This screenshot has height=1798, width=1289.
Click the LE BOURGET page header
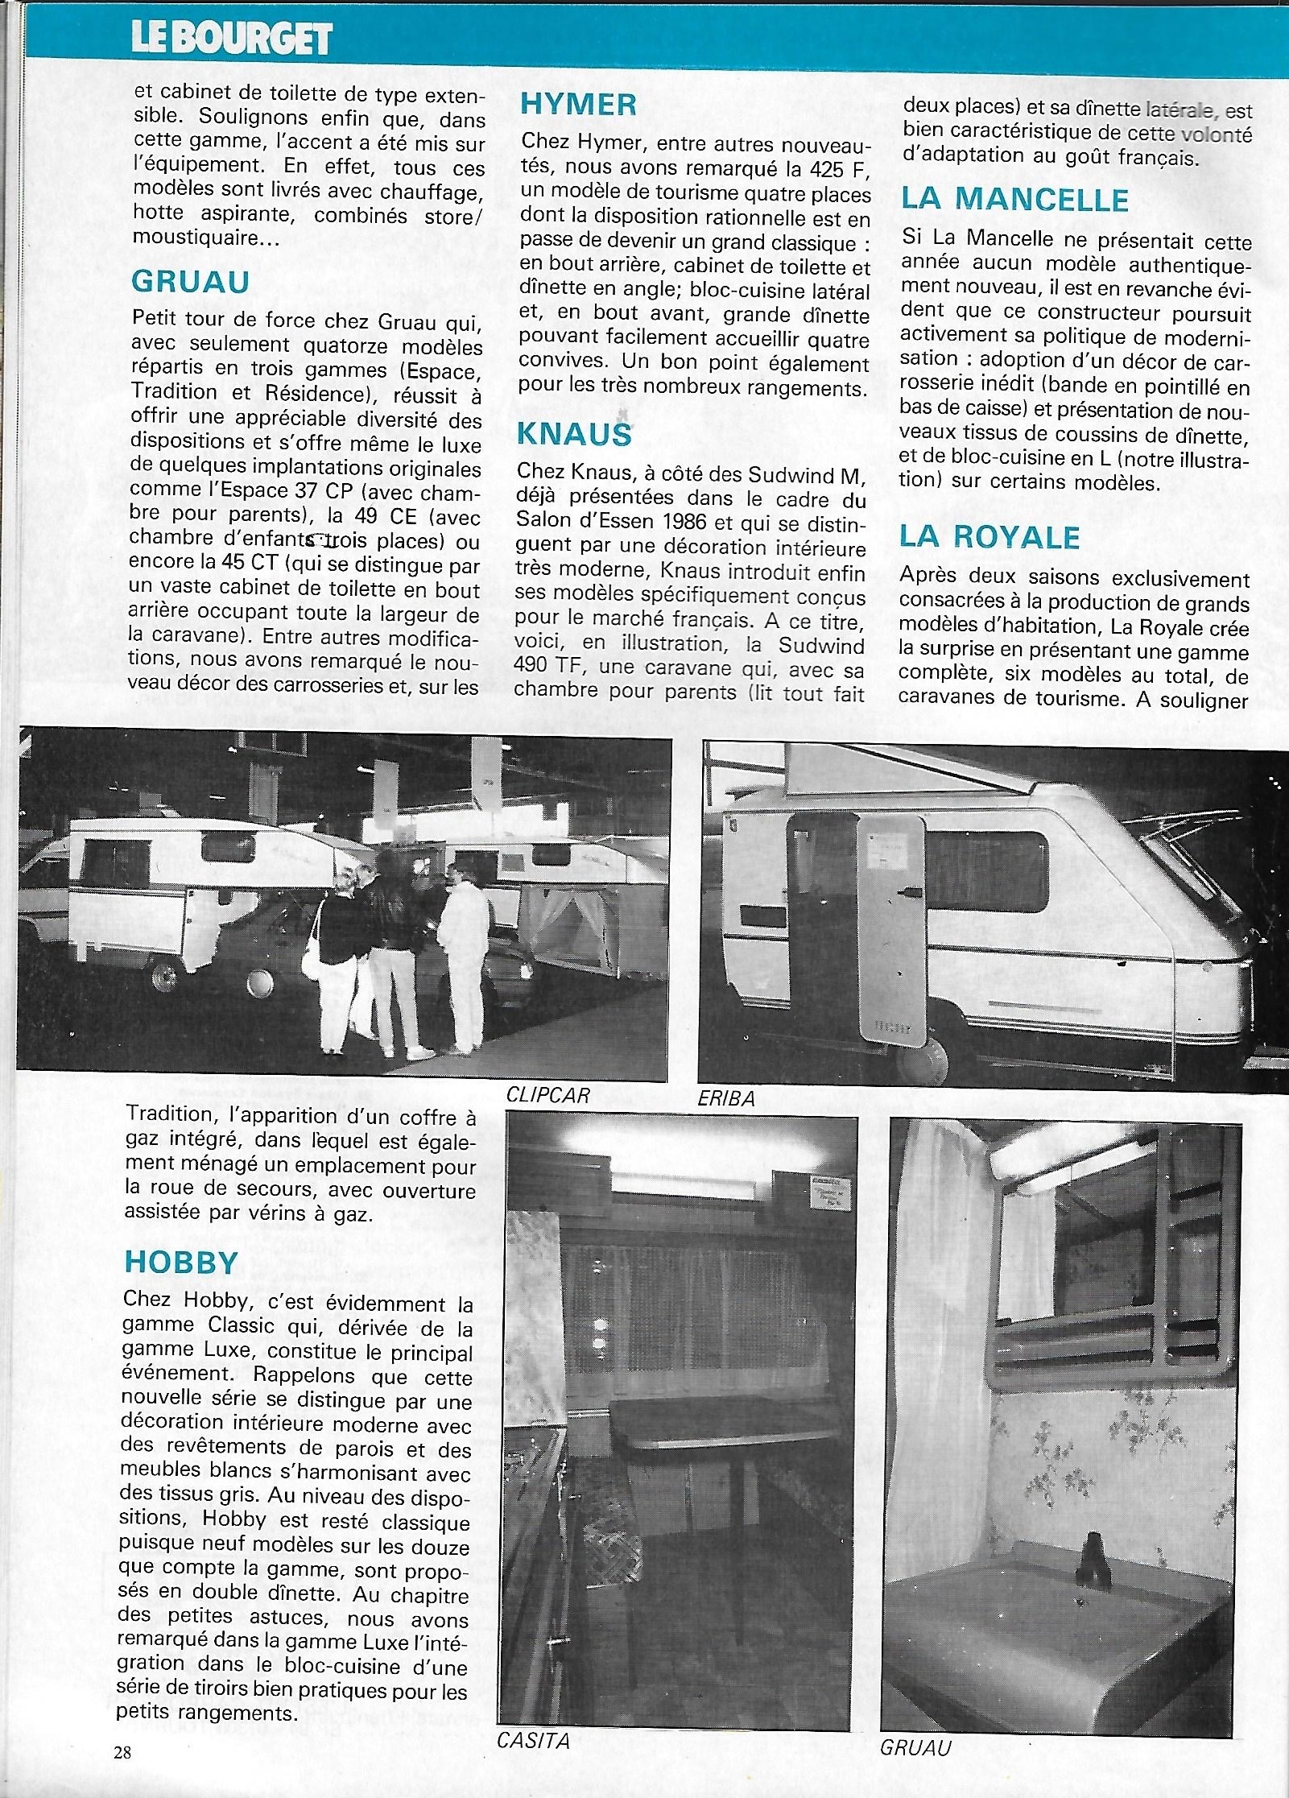(x=232, y=37)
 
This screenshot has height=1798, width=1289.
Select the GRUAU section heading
(x=191, y=281)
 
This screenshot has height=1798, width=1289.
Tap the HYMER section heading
(x=578, y=104)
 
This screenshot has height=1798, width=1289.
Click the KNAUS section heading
(x=574, y=433)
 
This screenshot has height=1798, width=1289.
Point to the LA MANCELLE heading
(x=1014, y=199)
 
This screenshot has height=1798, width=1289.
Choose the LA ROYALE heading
(x=989, y=537)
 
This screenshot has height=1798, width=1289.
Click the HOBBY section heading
(x=180, y=1261)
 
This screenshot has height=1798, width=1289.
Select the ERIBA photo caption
(x=726, y=1097)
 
